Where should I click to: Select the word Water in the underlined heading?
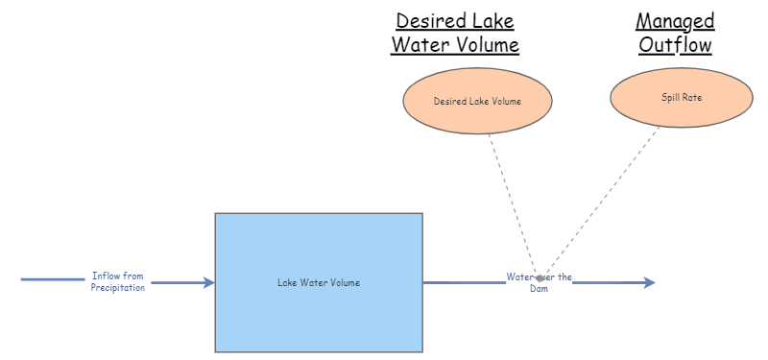tap(414, 45)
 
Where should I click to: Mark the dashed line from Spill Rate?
tap(603, 203)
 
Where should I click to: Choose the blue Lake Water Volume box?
tap(319, 282)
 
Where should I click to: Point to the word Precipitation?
tap(118, 288)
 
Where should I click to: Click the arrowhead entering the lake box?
tap(208, 282)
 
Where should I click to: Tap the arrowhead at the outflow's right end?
tap(650, 282)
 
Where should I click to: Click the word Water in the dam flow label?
tap(519, 276)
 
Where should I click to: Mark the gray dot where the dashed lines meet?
tap(540, 278)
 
